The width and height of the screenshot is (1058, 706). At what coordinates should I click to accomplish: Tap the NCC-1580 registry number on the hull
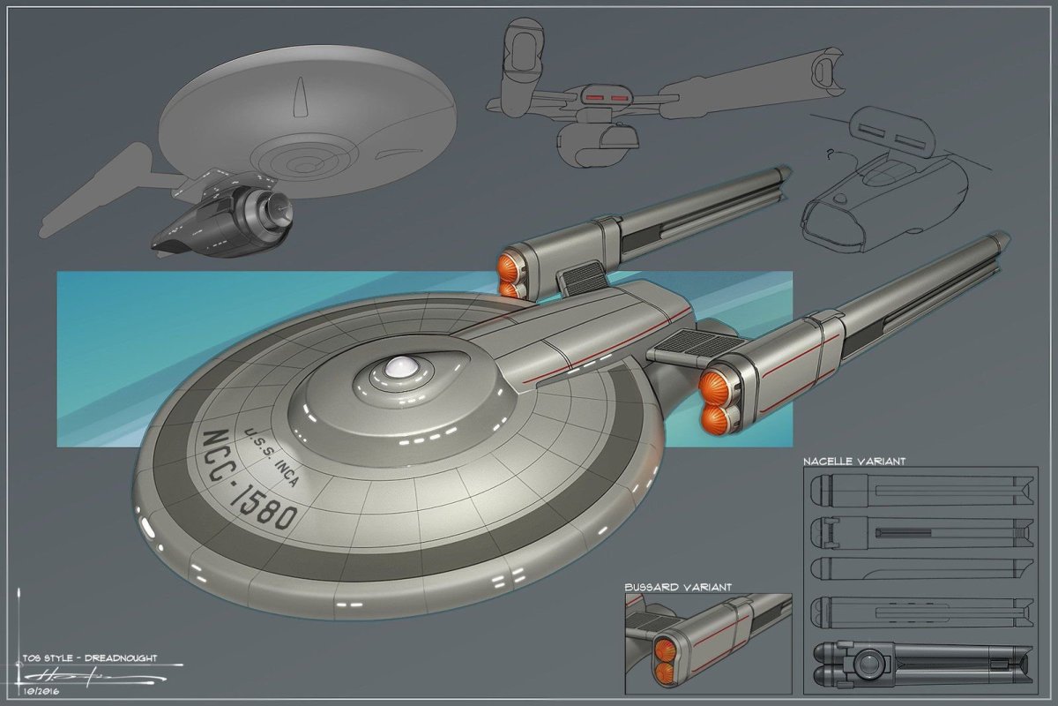pos(250,479)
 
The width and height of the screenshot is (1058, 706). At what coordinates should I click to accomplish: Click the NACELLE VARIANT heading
pos(853,461)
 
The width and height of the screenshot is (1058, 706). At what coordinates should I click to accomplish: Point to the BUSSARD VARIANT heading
pos(677,586)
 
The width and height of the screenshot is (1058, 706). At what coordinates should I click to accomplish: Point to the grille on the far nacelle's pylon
pos(580,280)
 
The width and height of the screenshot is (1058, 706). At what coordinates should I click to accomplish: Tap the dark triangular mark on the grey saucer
pos(302,95)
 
